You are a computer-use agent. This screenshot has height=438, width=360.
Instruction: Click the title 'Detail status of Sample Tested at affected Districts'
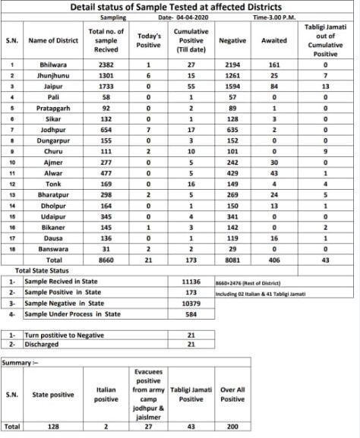[180, 6]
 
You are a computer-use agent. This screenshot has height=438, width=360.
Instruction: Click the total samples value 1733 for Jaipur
[104, 87]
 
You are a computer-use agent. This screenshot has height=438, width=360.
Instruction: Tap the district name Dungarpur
[53, 140]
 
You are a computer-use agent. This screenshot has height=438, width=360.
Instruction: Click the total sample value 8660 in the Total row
[104, 259]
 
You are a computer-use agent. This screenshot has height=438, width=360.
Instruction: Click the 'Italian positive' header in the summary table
[106, 394]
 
